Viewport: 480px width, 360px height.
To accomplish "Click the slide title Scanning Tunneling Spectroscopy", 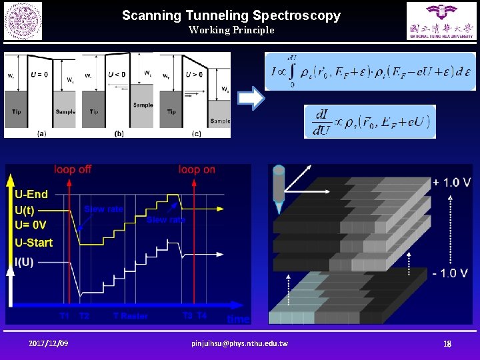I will coord(231,15).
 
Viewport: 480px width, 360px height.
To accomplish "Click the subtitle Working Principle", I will coord(231,30).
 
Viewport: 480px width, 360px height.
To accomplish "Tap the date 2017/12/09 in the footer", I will coord(49,343).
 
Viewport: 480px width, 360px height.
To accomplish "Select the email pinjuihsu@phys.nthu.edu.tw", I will coord(239,343).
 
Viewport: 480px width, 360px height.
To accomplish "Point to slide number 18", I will coord(448,343).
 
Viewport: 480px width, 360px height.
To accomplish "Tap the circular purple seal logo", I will coord(23,21).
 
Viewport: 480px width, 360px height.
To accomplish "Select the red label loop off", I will coord(73,169).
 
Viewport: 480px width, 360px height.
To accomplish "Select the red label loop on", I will coord(197,169).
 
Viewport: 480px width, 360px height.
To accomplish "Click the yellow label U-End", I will coord(31,195).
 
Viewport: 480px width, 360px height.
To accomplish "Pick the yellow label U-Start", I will coord(33,242).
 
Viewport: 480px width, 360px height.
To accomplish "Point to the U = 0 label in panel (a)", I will coord(38,74).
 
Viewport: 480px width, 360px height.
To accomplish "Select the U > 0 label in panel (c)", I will coord(194,74).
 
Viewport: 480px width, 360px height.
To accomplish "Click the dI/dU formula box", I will coord(370,121).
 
